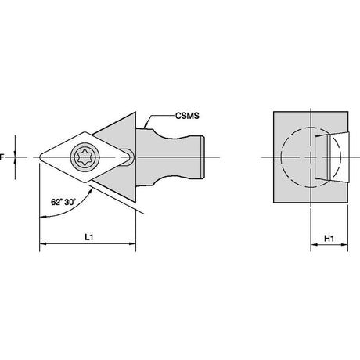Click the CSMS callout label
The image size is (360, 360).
click(187, 116)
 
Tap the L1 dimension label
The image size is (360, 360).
click(89, 237)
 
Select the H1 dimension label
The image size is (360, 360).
click(329, 238)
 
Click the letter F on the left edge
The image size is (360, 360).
click(2, 157)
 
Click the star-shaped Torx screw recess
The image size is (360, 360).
click(85, 157)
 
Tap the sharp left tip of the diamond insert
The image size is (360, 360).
click(39, 157)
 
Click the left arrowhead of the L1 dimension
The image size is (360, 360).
click(43, 244)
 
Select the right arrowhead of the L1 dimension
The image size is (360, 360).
click(132, 244)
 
